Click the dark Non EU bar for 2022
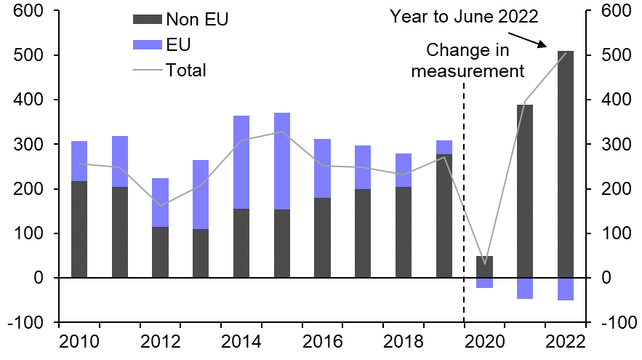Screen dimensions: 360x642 pos(565,164)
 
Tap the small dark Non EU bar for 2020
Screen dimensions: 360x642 pos(484,267)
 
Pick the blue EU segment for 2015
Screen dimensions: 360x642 pos(281,161)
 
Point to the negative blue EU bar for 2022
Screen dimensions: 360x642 pos(565,289)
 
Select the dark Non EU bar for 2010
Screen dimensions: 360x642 pos(79,229)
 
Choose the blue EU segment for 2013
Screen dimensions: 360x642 pos(201,194)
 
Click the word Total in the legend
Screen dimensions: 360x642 pos(186,71)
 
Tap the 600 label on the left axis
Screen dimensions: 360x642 pos(29,12)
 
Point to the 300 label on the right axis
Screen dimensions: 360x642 pos(619,145)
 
